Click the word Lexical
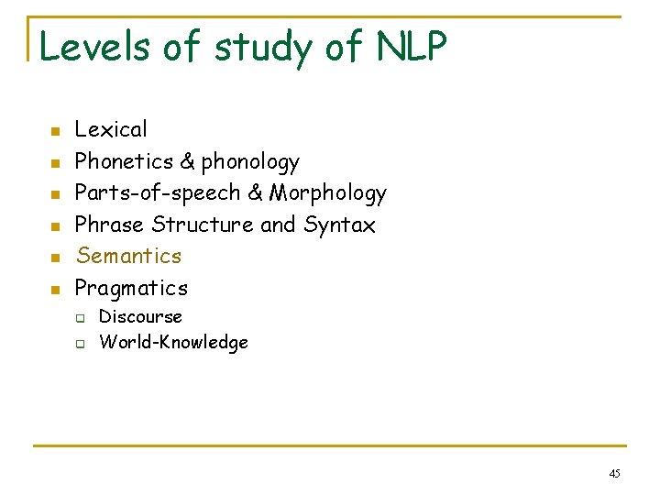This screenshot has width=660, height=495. [111, 130]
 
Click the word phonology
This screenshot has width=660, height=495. [250, 162]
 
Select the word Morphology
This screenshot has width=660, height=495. [327, 193]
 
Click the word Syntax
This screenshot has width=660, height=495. [339, 225]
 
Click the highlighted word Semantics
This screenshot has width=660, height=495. [128, 256]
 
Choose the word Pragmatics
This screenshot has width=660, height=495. [131, 288]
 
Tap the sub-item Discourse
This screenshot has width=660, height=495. [140, 316]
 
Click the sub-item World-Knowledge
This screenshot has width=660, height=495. [173, 343]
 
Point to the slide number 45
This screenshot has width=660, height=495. [614, 474]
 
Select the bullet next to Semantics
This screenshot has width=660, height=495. [55, 258]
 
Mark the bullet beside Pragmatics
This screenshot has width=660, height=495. [55, 291]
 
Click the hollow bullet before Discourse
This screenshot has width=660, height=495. [81, 319]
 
